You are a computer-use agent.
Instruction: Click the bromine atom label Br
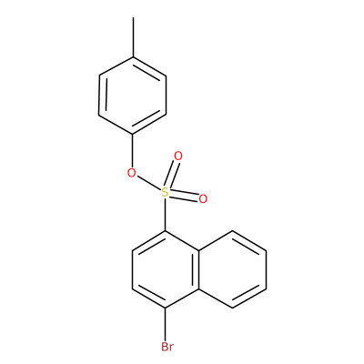click(x=167, y=347)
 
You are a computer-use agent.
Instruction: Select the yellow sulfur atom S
click(x=165, y=192)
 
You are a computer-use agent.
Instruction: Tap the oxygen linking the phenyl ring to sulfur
click(x=132, y=173)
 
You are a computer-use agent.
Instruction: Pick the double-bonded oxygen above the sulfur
click(x=178, y=157)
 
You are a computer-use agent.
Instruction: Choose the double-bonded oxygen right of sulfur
click(x=203, y=198)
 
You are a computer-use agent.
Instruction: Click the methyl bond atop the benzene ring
click(x=133, y=37)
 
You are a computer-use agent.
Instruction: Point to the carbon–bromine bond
click(x=165, y=325)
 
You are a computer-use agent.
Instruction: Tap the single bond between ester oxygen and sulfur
click(x=148, y=183)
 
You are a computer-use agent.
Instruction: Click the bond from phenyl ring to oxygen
click(x=132, y=150)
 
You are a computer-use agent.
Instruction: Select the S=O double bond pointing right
click(x=184, y=196)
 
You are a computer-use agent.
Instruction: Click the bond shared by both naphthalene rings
click(x=198, y=269)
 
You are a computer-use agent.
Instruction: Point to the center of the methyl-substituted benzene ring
click(x=133, y=96)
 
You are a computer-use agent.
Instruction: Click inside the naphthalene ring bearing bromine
click(x=166, y=269)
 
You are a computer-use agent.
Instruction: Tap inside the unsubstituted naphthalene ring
click(x=232, y=269)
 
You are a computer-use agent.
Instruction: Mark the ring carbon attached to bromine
click(x=165, y=308)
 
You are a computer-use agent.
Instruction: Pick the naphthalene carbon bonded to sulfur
click(x=165, y=231)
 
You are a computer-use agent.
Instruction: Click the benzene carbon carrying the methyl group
click(x=133, y=56)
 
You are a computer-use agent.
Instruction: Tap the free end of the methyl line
click(x=133, y=17)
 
